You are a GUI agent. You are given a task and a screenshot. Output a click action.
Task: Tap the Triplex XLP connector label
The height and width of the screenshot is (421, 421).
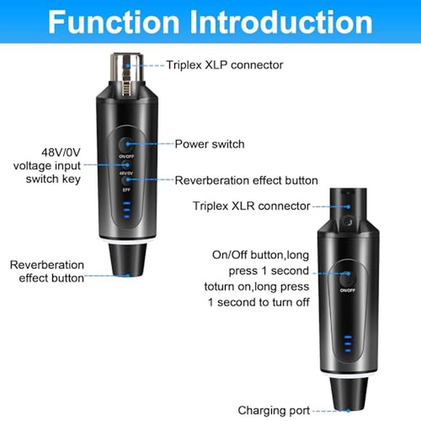click(x=224, y=65)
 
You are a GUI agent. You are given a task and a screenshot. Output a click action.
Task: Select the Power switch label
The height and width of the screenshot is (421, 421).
click(x=209, y=144)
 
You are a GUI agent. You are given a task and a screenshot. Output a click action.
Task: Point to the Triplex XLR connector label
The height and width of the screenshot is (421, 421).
click(x=252, y=206)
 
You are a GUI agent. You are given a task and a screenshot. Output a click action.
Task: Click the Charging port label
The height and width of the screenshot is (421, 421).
click(x=274, y=410)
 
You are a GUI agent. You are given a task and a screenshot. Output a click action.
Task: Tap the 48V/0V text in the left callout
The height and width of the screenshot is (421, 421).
click(x=61, y=152)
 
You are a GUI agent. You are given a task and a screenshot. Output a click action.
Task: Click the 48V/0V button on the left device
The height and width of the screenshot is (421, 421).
click(x=125, y=165)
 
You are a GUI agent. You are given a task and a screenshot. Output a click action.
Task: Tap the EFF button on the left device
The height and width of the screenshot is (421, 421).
click(x=125, y=181)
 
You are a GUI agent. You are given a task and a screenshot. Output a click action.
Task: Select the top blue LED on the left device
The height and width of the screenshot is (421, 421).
click(x=127, y=203)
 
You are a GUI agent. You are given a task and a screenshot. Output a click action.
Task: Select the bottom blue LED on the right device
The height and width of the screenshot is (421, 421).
click(x=348, y=350)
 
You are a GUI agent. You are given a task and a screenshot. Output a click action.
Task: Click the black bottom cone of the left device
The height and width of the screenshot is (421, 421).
click(x=128, y=259)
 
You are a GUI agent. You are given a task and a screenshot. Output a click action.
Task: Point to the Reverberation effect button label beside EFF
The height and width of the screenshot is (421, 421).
click(x=246, y=181)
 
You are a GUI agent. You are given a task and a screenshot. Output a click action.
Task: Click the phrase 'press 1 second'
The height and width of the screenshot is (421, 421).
click(x=269, y=271)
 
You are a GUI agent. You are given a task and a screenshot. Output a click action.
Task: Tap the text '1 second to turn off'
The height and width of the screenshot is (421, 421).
click(x=258, y=302)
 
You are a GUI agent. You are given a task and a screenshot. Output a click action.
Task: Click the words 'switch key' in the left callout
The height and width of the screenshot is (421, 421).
click(x=53, y=179)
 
